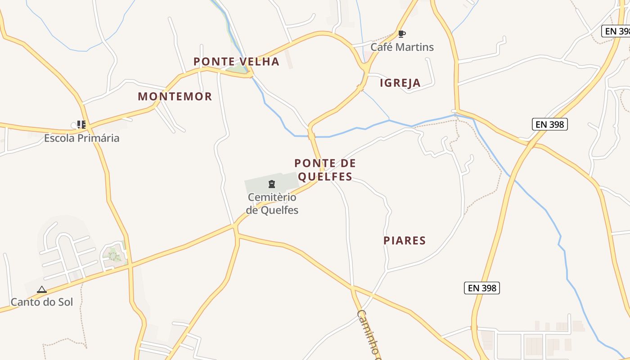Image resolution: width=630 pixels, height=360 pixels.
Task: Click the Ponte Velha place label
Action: pyautogui.click(x=236, y=62)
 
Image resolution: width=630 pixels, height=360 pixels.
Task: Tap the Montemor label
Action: pyautogui.click(x=175, y=96)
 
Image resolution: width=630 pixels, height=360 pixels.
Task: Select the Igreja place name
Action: pyautogui.click(x=400, y=83)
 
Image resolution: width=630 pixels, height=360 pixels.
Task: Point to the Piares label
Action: pyautogui.click(x=405, y=241)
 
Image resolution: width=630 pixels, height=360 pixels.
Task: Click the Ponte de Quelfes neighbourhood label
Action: pyautogui.click(x=325, y=170)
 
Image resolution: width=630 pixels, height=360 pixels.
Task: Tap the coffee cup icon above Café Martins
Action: pyautogui.click(x=401, y=34)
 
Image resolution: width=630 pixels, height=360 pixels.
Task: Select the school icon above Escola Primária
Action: pyautogui.click(x=81, y=124)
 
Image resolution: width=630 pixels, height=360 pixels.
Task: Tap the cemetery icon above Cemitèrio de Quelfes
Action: pyautogui.click(x=271, y=184)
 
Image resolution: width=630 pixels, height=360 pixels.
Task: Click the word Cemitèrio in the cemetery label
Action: pyautogui.click(x=272, y=197)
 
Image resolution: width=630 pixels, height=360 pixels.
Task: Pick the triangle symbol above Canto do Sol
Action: pyautogui.click(x=42, y=289)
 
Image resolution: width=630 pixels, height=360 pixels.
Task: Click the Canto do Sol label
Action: pyautogui.click(x=42, y=302)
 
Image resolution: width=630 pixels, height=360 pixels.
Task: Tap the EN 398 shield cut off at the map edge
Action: pyautogui.click(x=617, y=31)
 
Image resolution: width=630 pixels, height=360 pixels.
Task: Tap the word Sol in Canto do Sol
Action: pyautogui.click(x=65, y=302)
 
